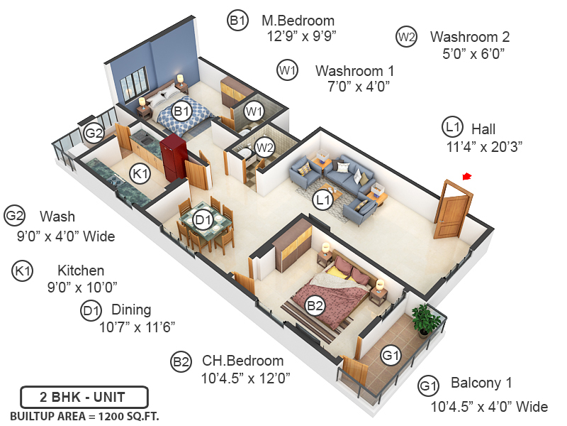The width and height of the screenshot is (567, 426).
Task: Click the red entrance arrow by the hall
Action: click(x=466, y=176)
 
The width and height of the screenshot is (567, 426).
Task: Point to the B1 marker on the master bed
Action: click(x=182, y=111)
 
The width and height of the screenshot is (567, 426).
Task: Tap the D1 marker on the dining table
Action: click(x=204, y=221)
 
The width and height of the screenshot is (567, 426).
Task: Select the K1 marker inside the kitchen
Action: click(x=141, y=173)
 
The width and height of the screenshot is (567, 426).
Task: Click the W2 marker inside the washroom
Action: click(x=264, y=148)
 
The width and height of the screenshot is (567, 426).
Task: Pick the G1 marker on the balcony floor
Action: click(x=391, y=355)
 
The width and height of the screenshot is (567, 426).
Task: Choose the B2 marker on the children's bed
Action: click(x=315, y=306)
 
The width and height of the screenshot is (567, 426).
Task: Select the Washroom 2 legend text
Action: click(x=470, y=37)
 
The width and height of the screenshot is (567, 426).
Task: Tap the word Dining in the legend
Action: click(x=131, y=310)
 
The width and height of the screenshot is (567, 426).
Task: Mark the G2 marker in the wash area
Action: click(x=94, y=133)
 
